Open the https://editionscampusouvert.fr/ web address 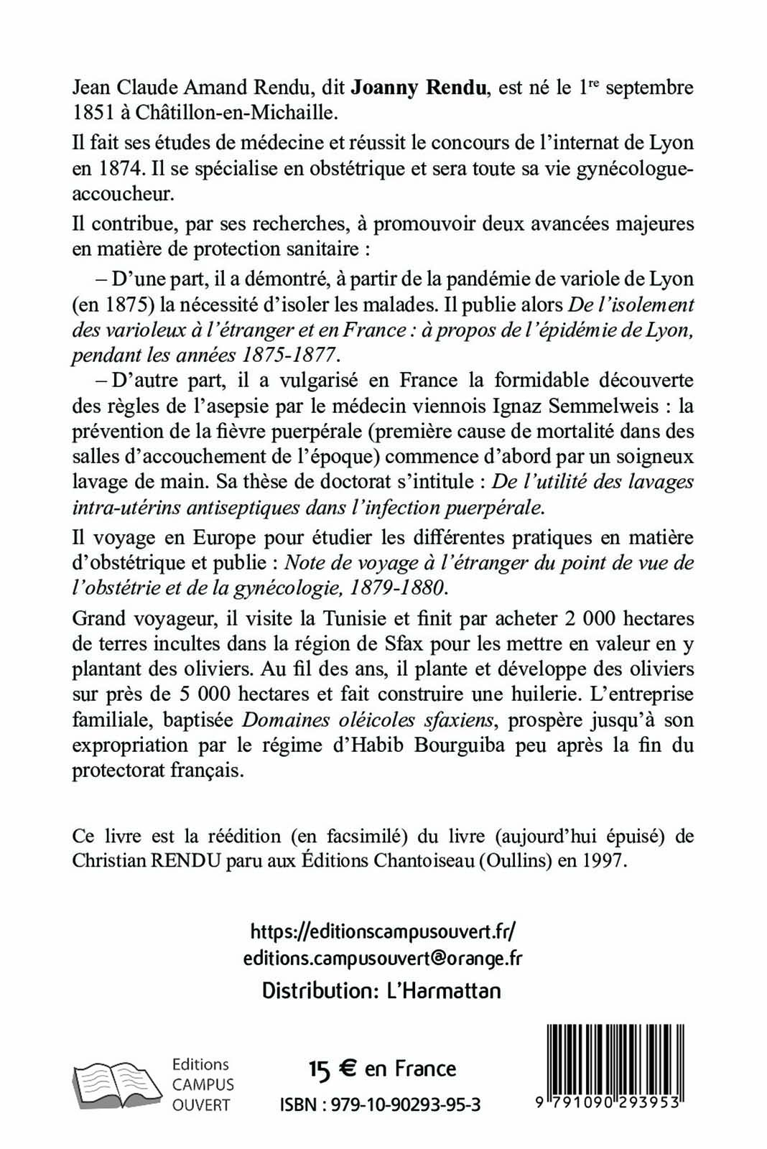383,932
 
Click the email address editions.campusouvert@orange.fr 383,959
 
